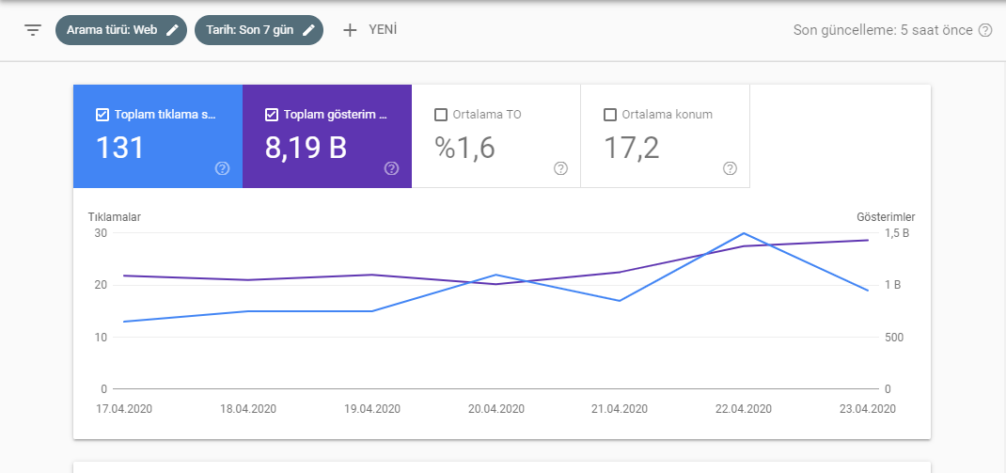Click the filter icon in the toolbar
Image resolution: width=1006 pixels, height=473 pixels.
pyautogui.click(x=33, y=30)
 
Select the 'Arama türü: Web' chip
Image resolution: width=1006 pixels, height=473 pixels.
pyautogui.click(x=121, y=30)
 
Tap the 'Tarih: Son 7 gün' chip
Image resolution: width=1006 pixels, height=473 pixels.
pyautogui.click(x=259, y=30)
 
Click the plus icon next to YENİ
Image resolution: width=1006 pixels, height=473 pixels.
pyautogui.click(x=350, y=30)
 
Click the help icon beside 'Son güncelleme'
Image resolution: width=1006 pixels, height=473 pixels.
pyautogui.click(x=984, y=30)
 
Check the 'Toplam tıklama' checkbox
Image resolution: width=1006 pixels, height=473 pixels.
pyautogui.click(x=102, y=115)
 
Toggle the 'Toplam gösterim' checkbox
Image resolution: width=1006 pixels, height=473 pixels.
pyautogui.click(x=271, y=115)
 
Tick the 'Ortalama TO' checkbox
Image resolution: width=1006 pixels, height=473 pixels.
pyautogui.click(x=440, y=115)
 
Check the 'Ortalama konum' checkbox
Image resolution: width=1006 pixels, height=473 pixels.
pyautogui.click(x=610, y=115)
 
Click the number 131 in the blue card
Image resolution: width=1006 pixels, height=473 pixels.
pyautogui.click(x=120, y=149)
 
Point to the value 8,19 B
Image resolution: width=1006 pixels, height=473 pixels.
pyautogui.click(x=306, y=149)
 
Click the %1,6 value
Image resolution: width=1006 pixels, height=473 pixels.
pyautogui.click(x=465, y=149)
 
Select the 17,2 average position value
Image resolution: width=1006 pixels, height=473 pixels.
pyautogui.click(x=631, y=149)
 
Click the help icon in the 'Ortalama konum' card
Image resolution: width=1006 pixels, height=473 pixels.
pyautogui.click(x=730, y=168)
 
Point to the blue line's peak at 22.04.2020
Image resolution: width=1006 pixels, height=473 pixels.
pyautogui.click(x=744, y=233)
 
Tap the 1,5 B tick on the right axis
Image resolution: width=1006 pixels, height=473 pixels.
pyautogui.click(x=897, y=233)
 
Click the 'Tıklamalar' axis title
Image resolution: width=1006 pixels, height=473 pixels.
pyautogui.click(x=114, y=217)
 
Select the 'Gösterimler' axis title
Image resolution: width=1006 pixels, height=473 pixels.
pyautogui.click(x=886, y=217)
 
